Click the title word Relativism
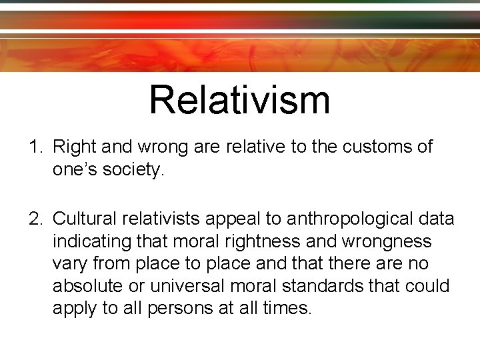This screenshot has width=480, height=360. coord(239,99)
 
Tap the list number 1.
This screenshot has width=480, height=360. coord(35,147)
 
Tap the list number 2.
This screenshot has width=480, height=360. coord(35,219)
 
